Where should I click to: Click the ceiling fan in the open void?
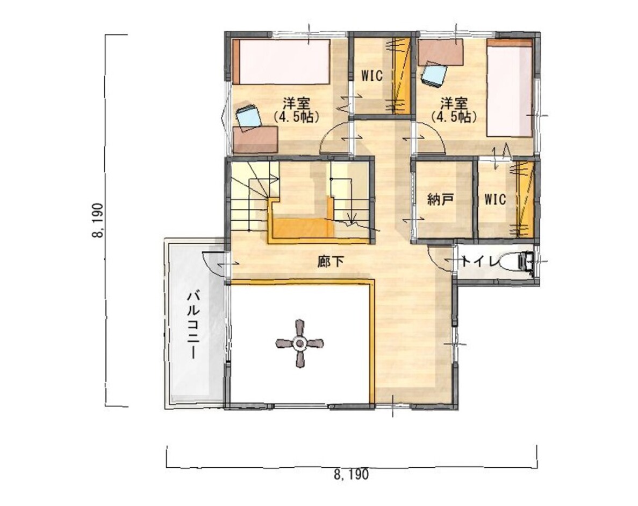(299, 343)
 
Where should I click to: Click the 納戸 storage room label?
(440, 200)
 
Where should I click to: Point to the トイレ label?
(479, 262)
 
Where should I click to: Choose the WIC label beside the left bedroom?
(371, 76)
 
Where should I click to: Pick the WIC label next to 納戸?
(495, 200)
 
